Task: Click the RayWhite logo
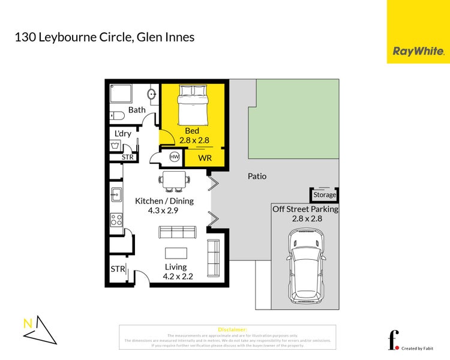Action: pyautogui.click(x=418, y=52)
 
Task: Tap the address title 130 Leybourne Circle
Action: pyautogui.click(x=104, y=37)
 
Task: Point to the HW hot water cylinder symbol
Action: pyautogui.click(x=175, y=157)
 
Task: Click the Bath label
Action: pyautogui.click(x=137, y=110)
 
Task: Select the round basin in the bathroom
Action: pyautogui.click(x=152, y=94)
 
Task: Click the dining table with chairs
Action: pyautogui.click(x=175, y=181)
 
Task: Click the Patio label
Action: pyautogui.click(x=257, y=177)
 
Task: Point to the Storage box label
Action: pyautogui.click(x=325, y=195)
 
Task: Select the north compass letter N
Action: pyautogui.click(x=28, y=323)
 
